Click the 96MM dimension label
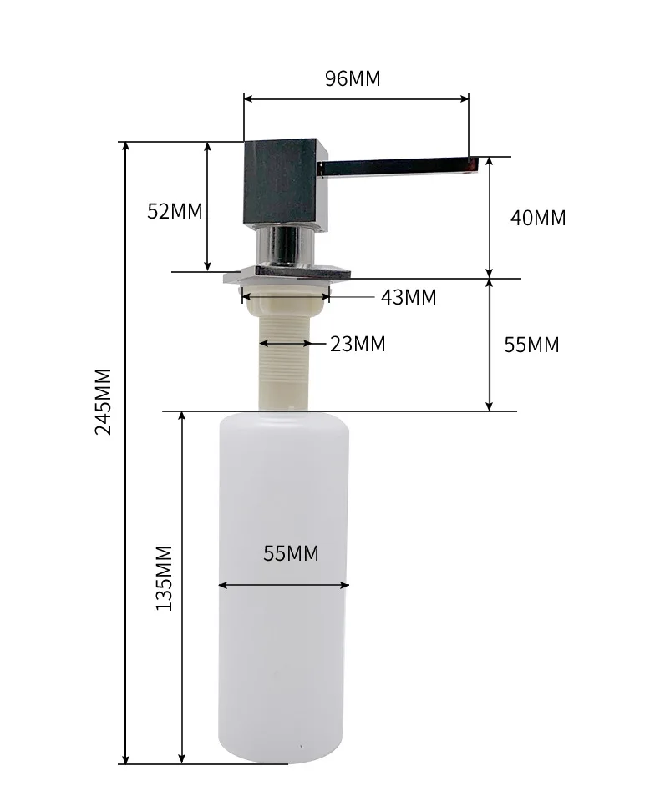[353, 78]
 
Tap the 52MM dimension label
[175, 211]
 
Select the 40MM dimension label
[538, 218]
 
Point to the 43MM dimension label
[409, 297]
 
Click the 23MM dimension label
[358, 344]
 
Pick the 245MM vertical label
[104, 401]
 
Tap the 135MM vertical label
[164, 577]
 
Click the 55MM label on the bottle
[291, 553]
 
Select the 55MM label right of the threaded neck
[531, 345]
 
